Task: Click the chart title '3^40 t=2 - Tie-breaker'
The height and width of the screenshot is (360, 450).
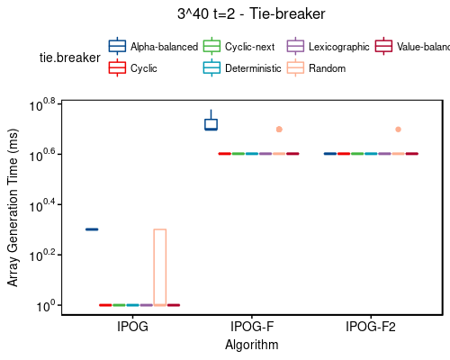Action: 251,13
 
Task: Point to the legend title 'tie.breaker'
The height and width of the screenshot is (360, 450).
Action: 67,58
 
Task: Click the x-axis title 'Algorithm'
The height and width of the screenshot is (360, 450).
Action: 251,345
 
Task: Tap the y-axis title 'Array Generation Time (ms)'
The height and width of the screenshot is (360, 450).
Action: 13,205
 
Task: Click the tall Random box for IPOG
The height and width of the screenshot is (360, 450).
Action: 159,267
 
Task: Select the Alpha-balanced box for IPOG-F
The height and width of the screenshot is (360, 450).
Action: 211,124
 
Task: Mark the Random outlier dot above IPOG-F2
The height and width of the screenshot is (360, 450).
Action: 398,130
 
